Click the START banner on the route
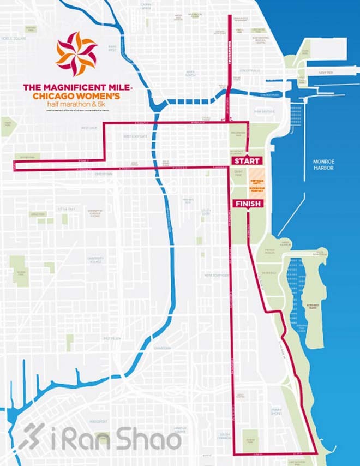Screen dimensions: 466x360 point(248,161)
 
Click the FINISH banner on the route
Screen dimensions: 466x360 point(248,204)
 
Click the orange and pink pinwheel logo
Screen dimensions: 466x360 point(76,53)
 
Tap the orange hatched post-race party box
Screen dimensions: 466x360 point(256,183)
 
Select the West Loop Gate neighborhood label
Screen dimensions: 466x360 point(135,136)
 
